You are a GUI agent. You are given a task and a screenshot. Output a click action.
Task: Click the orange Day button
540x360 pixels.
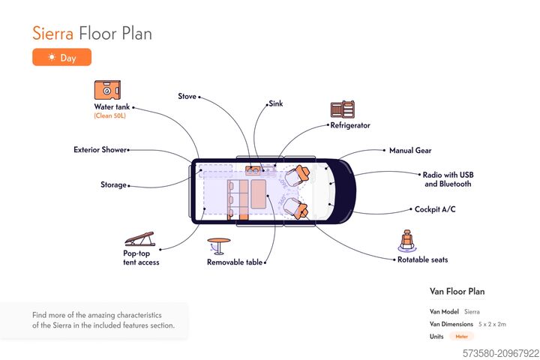tap(61, 57)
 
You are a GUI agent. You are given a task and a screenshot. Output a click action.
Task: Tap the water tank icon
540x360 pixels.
tap(108, 91)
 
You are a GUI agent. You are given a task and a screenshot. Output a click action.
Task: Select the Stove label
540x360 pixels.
tap(187, 96)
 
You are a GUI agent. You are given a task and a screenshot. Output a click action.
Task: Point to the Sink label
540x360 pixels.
tap(275, 103)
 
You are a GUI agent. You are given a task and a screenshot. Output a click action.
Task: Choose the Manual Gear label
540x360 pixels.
tap(410, 151)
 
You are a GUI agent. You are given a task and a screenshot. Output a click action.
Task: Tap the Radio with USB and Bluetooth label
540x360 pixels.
tap(448, 179)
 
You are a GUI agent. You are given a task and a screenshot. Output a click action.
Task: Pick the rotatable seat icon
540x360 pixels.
tap(407, 241)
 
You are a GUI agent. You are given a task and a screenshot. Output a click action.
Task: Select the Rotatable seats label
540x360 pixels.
tap(422, 259)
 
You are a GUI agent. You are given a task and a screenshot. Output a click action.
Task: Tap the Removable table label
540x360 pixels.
tap(235, 262)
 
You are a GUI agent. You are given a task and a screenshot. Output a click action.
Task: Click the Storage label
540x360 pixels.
tap(113, 184)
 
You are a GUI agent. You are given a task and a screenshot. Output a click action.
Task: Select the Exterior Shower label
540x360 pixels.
tap(100, 150)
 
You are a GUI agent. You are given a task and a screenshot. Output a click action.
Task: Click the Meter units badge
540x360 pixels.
tap(461, 337)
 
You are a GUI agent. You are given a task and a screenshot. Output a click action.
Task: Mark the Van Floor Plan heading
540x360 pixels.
tap(457, 291)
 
